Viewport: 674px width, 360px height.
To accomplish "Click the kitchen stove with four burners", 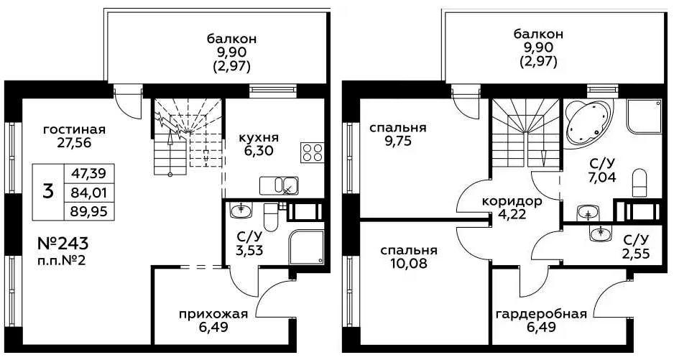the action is pos(312,152).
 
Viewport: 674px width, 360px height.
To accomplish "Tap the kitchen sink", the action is pos(279,186).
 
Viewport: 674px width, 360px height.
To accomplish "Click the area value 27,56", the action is pos(74,142).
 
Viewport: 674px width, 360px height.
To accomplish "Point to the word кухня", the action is pos(259,138).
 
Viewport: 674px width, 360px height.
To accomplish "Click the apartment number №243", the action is pos(63,244).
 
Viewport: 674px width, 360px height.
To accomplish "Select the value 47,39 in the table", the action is pos(89,173).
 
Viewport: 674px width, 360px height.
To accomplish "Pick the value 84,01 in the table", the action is pos(89,193).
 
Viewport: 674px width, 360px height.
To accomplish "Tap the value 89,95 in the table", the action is pos(89,211).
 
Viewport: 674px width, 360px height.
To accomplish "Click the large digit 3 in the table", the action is pos(48,192).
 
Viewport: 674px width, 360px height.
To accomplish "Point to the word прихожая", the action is pos(213,314).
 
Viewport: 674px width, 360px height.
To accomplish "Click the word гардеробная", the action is pos(541,314).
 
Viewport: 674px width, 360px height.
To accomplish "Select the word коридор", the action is pos(512,201).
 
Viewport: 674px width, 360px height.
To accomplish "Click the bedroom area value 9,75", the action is pos(399,141).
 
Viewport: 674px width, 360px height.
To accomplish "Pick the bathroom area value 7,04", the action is pos(602,176).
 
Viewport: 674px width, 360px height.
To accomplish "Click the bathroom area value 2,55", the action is pos(636,254).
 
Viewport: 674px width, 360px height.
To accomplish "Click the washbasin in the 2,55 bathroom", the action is pos(600,233).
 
